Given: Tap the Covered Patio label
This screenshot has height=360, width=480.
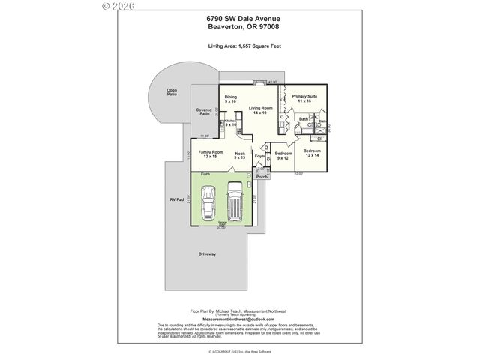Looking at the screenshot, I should pos(204,112).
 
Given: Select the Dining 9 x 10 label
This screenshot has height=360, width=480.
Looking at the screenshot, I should pos(231,99).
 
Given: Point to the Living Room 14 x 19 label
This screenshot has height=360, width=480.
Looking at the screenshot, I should pos(260,110).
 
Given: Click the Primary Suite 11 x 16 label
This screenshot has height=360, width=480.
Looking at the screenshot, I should pos(304,98).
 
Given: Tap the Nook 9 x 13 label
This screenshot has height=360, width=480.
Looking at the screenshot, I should pos(240,156).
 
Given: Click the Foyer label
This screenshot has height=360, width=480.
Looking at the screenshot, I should pos(259,156).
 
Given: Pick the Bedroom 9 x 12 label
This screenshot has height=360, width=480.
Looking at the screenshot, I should pos(283,156).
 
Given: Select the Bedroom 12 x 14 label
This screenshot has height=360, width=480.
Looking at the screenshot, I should pos(312,154).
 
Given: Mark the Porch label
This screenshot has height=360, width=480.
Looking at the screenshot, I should pos(262,177).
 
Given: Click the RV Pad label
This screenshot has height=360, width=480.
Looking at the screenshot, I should pos(176,200).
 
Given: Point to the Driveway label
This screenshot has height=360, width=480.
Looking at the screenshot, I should pos(208,253).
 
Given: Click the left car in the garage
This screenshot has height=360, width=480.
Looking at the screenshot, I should pos(211,204).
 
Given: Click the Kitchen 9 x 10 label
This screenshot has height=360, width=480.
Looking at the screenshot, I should pos(231,123).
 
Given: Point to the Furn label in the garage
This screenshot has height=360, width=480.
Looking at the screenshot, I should pos(204,174).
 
